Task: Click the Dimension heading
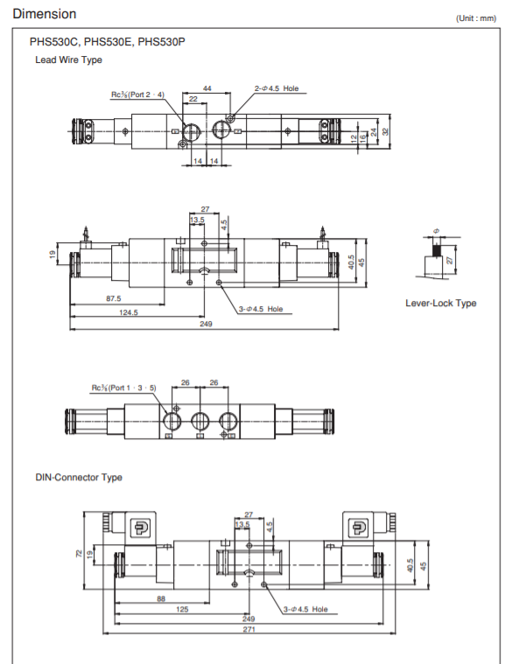tap(45, 14)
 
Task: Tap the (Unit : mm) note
tap(476, 18)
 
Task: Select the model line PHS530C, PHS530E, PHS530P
tap(107, 42)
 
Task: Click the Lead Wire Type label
tap(68, 59)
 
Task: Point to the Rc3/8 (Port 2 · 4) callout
tap(137, 94)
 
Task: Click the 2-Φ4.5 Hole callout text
tap(277, 88)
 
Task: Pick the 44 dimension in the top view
tap(207, 88)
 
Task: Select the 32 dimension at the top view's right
tap(385, 132)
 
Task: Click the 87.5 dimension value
tap(114, 298)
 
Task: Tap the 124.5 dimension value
tap(129, 312)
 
